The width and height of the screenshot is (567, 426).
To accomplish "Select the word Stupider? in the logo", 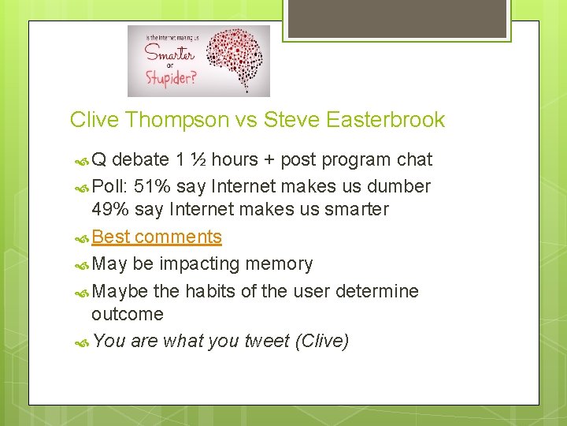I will point(171,79).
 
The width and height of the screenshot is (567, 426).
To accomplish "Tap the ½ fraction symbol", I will point(199,159).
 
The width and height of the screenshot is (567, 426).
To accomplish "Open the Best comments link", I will point(157,237).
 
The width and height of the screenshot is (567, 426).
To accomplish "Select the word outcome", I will point(128,314).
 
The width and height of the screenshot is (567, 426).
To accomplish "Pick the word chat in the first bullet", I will point(413,159).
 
